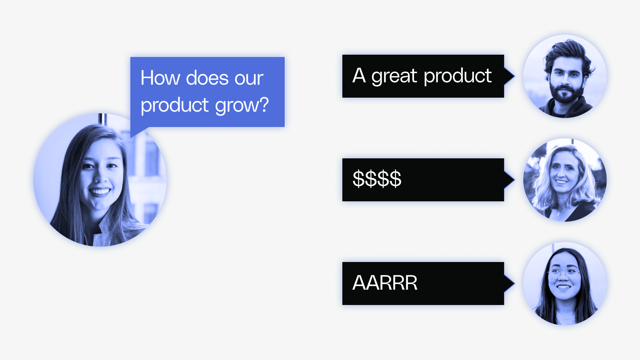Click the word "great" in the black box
coord(394,76)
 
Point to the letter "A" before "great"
coord(359,76)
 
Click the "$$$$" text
coord(377,179)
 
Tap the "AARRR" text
coord(385,283)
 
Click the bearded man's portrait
coord(565,76)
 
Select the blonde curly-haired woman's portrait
coord(565,180)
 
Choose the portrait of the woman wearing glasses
coord(565,284)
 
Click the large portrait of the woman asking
coord(100,180)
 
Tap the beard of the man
coord(565,95)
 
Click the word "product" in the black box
coord(458,76)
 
